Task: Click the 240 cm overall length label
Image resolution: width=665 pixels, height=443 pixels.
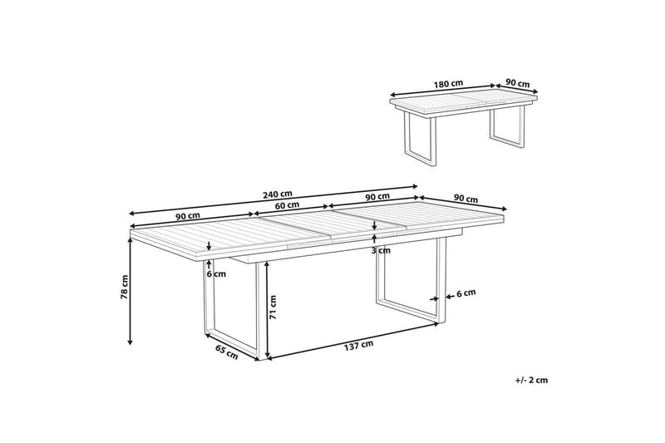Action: pos(278,194)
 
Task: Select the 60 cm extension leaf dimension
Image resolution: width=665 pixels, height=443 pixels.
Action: pos(287,205)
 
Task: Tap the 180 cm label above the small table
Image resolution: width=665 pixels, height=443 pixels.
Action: pos(448,83)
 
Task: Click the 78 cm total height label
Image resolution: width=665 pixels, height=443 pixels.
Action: pos(124,288)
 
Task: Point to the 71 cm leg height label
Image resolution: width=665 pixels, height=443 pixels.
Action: pos(273,308)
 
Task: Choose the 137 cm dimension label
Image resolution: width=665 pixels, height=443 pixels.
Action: pos(359,346)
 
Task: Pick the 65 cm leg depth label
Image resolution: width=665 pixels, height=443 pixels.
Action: pos(227,352)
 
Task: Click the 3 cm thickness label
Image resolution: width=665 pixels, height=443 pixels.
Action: pos(381,250)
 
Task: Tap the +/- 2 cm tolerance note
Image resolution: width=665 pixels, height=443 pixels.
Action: pos(531,381)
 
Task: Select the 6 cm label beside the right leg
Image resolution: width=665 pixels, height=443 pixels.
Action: pos(466,293)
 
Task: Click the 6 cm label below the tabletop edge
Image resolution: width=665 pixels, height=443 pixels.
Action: pos(216,273)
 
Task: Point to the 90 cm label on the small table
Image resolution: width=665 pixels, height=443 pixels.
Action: pos(518,83)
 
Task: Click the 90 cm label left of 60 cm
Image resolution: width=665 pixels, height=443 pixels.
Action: pos(188,215)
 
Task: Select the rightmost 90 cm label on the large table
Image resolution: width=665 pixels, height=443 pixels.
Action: pos(465,199)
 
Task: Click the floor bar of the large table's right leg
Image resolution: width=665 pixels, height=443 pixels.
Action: pos(407,309)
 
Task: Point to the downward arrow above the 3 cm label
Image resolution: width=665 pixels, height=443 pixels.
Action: pos(374,224)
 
